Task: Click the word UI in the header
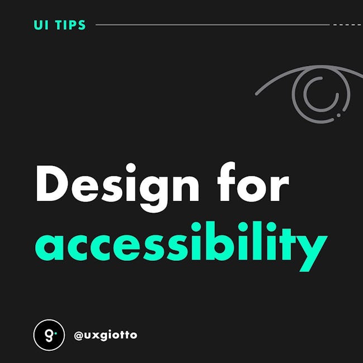(41, 25)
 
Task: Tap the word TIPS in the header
(70, 25)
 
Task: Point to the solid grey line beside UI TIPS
(213, 25)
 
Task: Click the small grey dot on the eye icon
(338, 115)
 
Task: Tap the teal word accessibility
(181, 246)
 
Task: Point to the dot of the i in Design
(131, 168)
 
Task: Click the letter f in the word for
(226, 181)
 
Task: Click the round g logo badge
(49, 335)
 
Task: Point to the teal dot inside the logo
(55, 333)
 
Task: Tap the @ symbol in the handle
(79, 336)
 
